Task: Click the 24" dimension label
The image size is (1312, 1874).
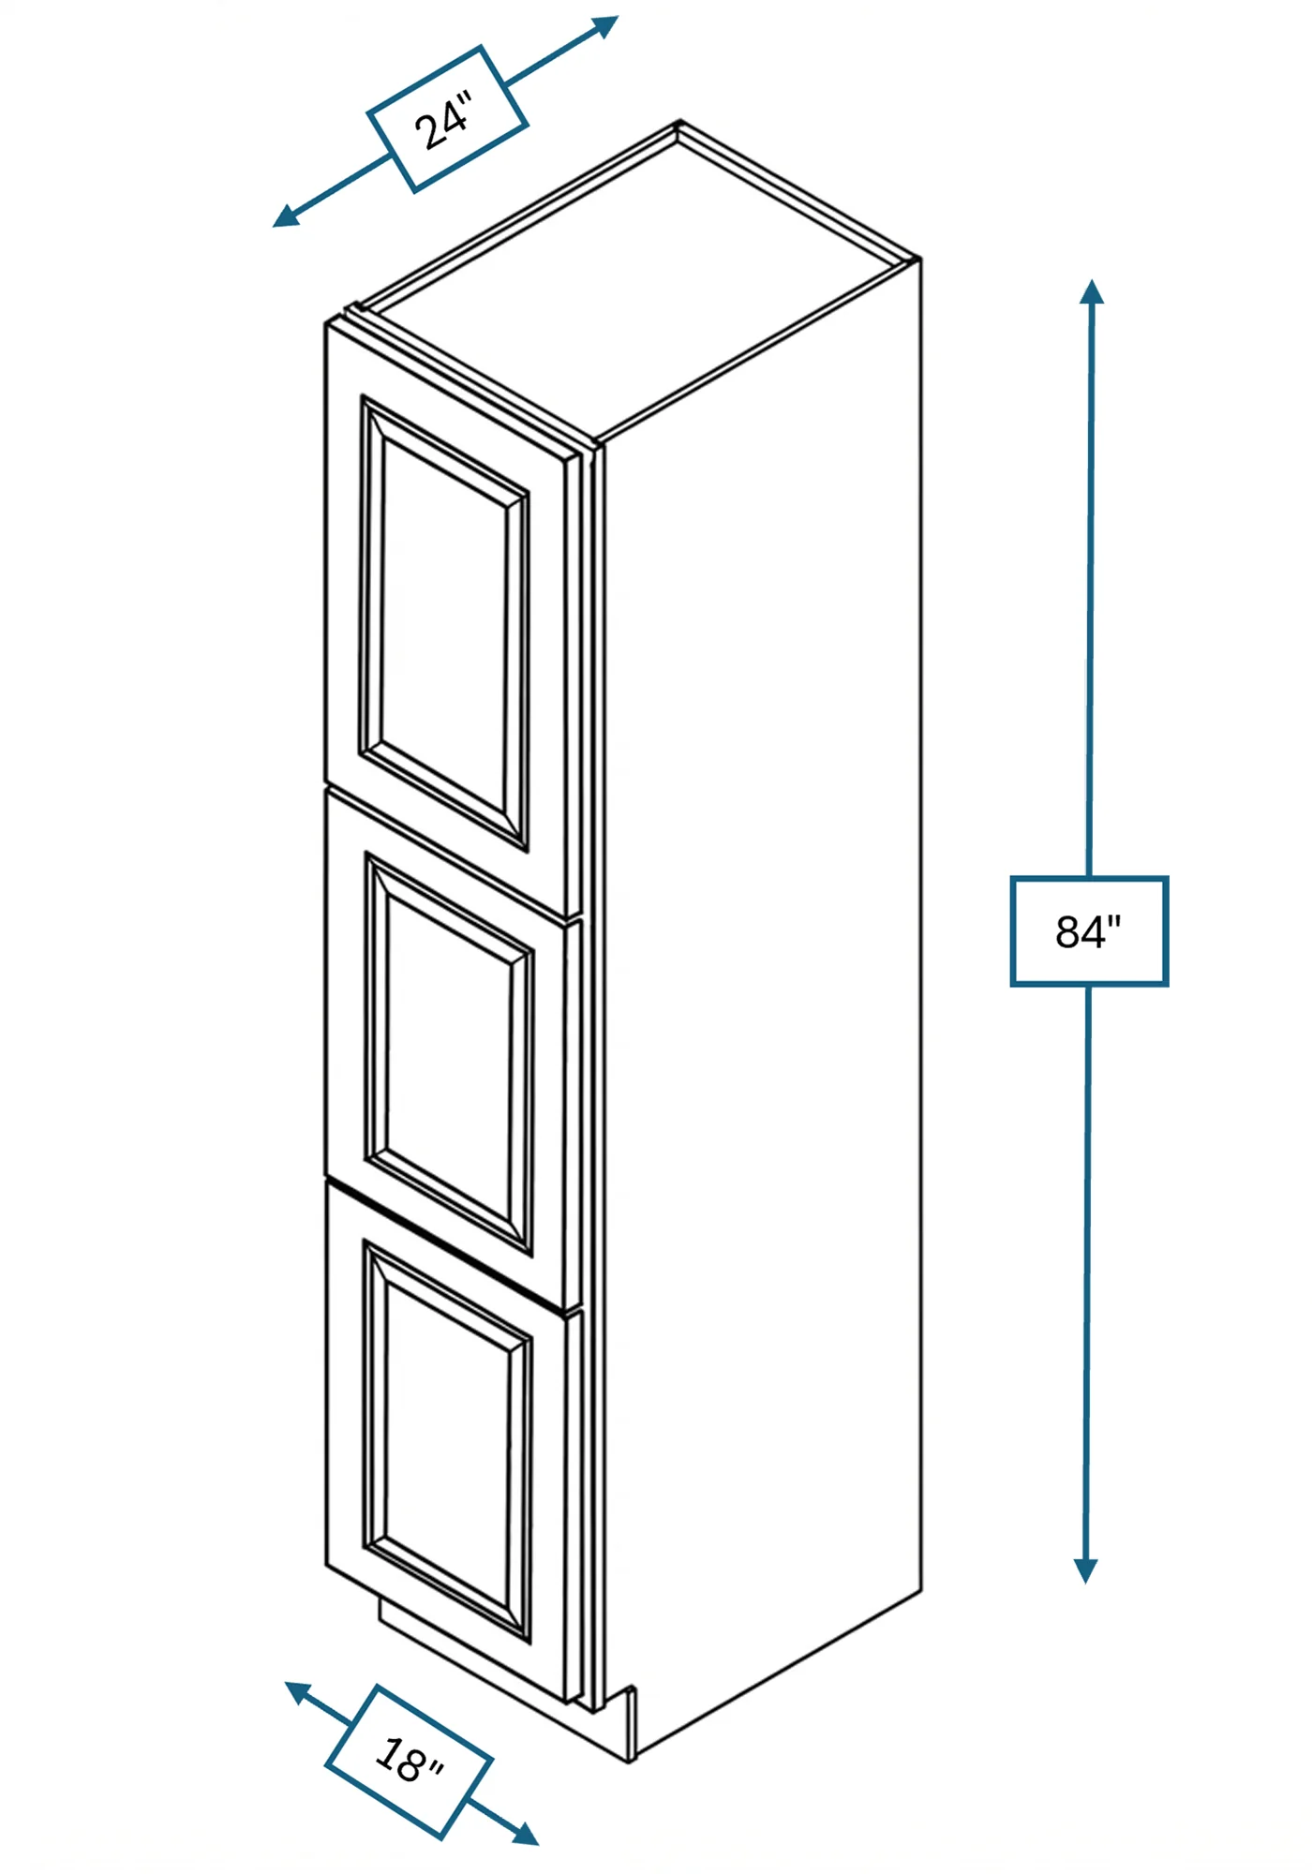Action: tap(447, 119)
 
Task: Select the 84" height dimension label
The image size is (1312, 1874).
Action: tap(1089, 931)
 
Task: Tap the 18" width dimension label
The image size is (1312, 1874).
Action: tap(409, 1761)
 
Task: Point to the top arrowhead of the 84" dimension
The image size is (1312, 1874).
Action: tap(1091, 291)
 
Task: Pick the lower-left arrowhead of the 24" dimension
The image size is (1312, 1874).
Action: tap(286, 216)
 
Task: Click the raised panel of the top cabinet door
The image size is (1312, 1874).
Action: tap(444, 623)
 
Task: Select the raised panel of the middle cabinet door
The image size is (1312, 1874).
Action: tap(449, 1053)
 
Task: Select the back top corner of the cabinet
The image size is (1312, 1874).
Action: tap(679, 122)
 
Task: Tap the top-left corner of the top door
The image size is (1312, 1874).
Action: tap(326, 324)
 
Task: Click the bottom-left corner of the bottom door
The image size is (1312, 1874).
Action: tap(326, 1564)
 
